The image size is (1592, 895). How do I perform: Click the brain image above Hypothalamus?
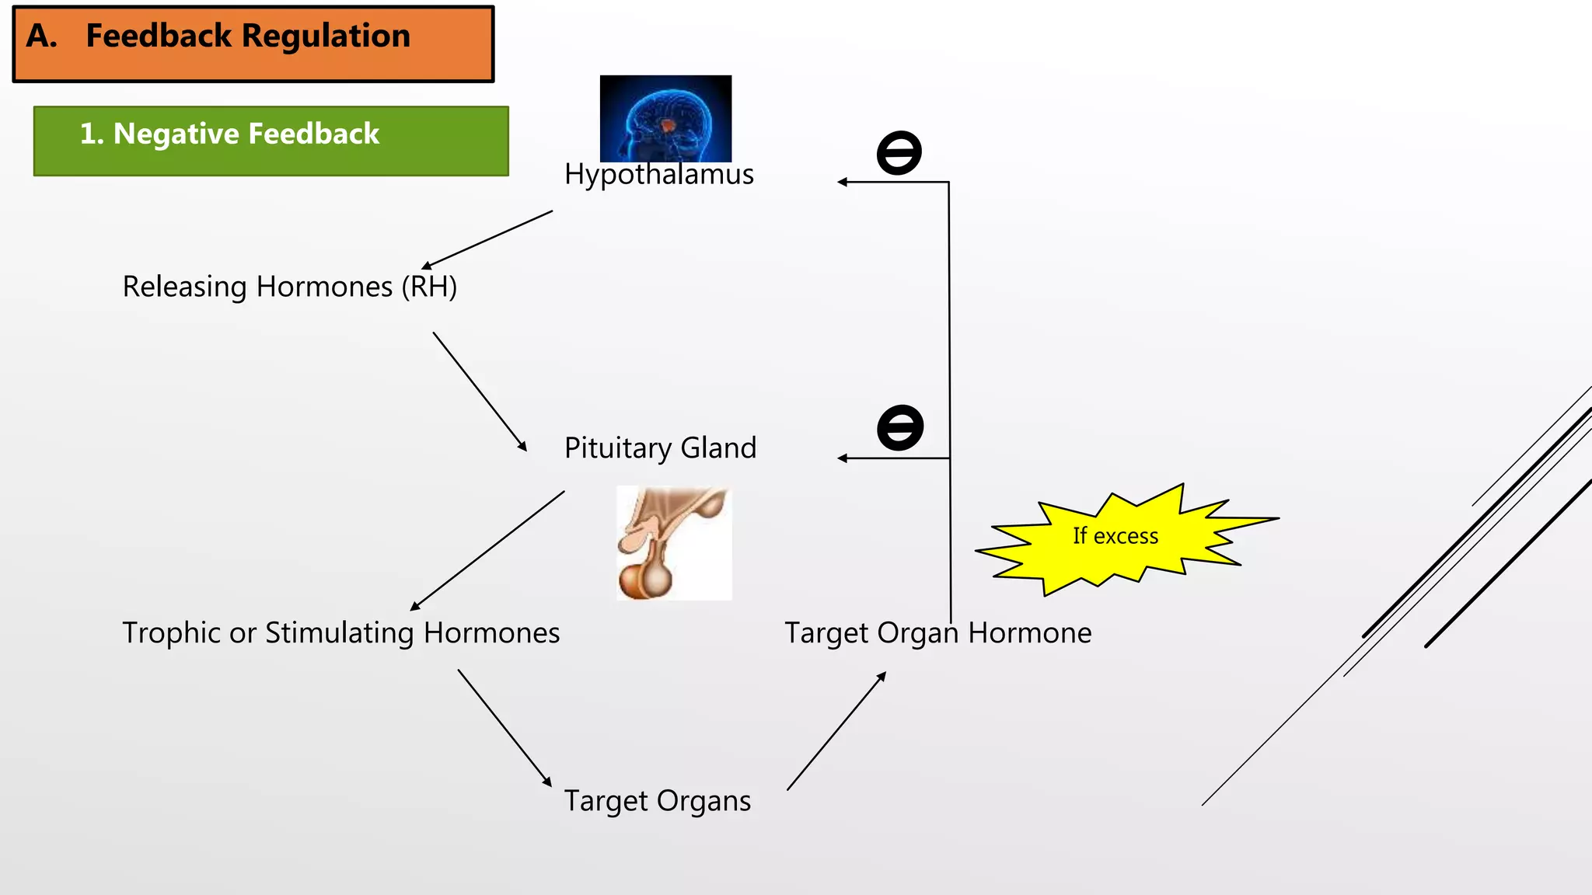coord(665,117)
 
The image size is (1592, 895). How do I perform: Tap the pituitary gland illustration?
coord(673,543)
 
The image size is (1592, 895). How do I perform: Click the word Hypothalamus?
coord(658,175)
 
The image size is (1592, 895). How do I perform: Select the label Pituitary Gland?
coord(660,448)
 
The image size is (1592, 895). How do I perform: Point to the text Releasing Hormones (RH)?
coord(289,287)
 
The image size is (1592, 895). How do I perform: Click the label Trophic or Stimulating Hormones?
coord(340,632)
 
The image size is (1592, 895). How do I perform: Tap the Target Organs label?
coord(657,801)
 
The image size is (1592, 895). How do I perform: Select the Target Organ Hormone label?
coord(937,632)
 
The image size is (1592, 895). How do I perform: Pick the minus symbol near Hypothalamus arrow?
coord(899,152)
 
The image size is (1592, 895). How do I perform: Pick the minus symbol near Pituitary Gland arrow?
coord(900,427)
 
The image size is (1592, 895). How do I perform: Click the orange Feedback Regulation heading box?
coord(253,44)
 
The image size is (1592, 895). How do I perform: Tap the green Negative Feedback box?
coord(271,141)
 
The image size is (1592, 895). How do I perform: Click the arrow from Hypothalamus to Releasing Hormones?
coord(487,239)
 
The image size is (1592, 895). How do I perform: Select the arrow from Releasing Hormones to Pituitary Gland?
coord(480,392)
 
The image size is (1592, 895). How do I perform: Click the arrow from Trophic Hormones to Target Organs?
coord(504,728)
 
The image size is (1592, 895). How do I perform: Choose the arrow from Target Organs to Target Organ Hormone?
coord(836,732)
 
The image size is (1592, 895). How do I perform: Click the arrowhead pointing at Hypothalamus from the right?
coord(842,182)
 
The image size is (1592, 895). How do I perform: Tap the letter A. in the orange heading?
coord(41,36)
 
